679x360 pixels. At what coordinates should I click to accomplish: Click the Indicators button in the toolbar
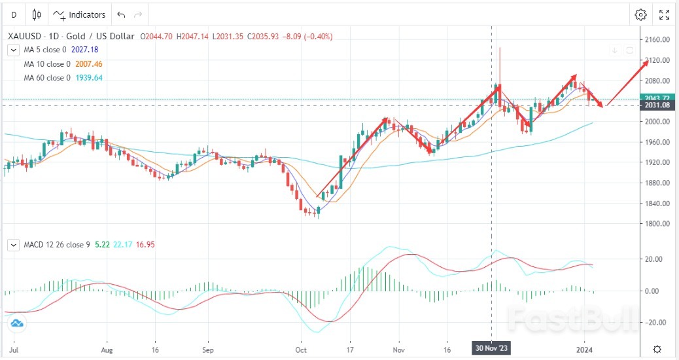pyautogui.click(x=79, y=14)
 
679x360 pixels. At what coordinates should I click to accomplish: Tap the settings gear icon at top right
pyautogui.click(x=640, y=14)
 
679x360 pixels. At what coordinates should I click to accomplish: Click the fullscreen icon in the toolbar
pyautogui.click(x=663, y=14)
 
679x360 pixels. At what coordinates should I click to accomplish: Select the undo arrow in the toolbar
pyautogui.click(x=120, y=14)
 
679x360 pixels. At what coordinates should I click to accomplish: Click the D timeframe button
pyautogui.click(x=14, y=14)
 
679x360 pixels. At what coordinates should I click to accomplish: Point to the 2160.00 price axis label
pyautogui.click(x=657, y=39)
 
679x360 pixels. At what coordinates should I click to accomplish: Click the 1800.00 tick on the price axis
pyautogui.click(x=657, y=223)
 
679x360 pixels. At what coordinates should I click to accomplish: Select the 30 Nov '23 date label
pyautogui.click(x=491, y=349)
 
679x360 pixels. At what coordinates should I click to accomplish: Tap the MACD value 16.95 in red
pyautogui.click(x=145, y=245)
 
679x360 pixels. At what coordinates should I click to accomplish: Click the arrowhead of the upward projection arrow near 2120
pyautogui.click(x=647, y=60)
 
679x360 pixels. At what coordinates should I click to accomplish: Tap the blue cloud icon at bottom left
pyautogui.click(x=17, y=323)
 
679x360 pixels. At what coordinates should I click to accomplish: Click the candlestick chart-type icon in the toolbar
pyautogui.click(x=36, y=14)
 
